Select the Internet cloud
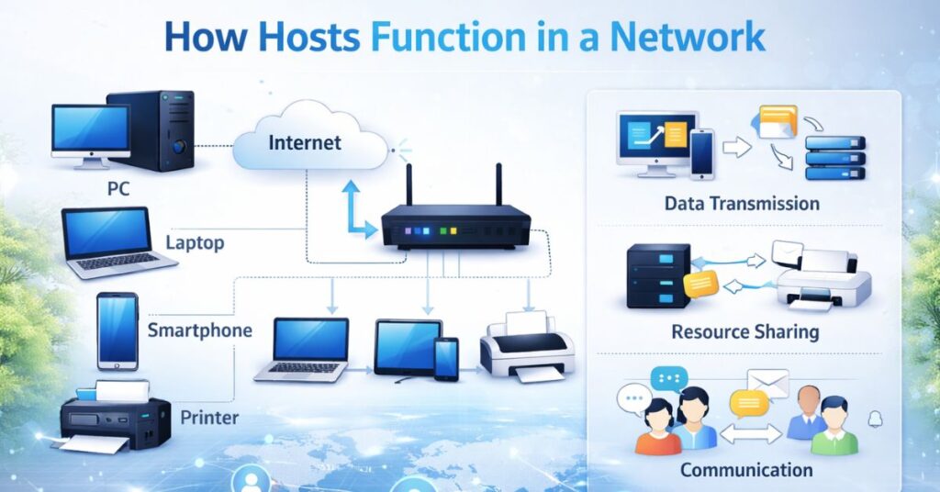click(x=308, y=143)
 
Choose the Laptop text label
click(x=195, y=243)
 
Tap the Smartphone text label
click(x=199, y=330)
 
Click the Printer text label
click(x=209, y=418)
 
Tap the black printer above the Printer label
click(x=115, y=418)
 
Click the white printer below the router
click(x=526, y=348)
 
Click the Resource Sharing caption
click(x=744, y=331)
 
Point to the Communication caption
click(x=746, y=470)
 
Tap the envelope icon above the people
click(x=767, y=383)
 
